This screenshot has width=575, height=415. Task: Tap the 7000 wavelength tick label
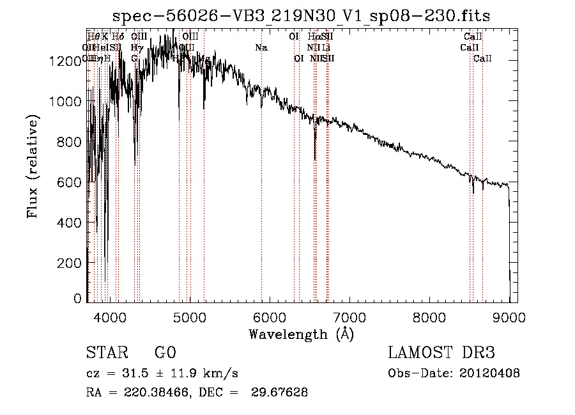tap(349, 317)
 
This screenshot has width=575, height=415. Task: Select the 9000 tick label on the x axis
tap(509, 317)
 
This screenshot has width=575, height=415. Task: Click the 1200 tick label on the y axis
tap(66, 61)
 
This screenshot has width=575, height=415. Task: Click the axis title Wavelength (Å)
tap(301, 334)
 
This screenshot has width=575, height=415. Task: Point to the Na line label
tap(261, 48)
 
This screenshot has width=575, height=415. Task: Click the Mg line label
tap(205, 59)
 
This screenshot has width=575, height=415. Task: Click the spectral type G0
tap(165, 353)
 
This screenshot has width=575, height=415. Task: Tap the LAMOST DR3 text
tap(441, 353)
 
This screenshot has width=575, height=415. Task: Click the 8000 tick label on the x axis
tap(429, 317)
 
